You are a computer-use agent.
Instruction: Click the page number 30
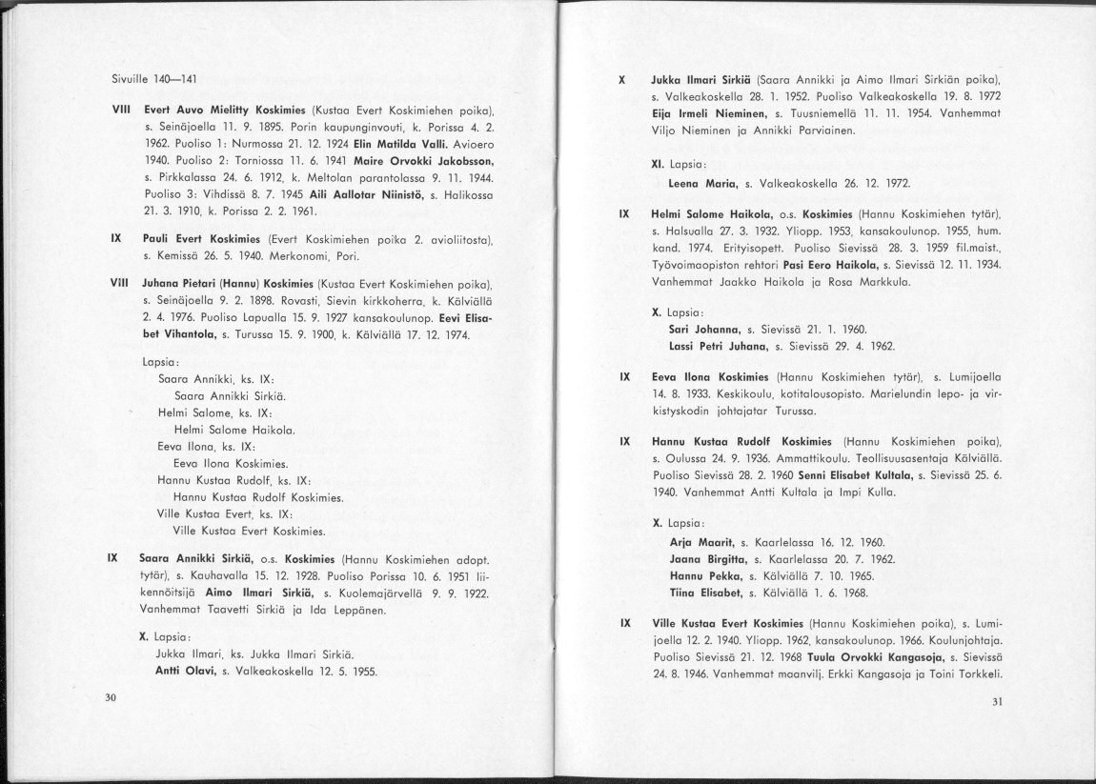(111, 698)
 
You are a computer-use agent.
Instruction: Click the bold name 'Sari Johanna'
(706, 329)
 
